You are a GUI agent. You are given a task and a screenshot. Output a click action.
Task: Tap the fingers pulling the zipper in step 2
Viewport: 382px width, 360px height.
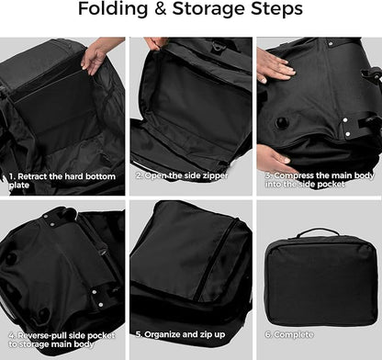click(151, 43)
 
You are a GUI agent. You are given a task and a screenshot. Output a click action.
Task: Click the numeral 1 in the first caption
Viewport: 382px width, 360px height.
click(10, 173)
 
